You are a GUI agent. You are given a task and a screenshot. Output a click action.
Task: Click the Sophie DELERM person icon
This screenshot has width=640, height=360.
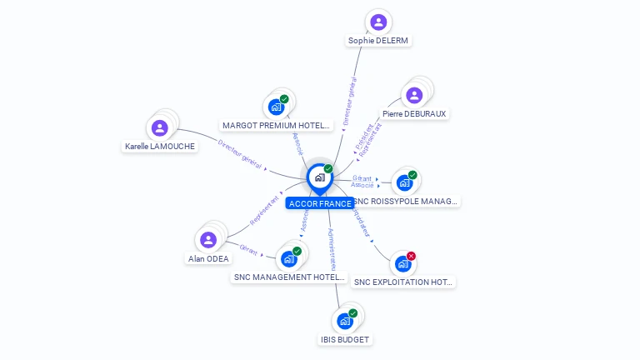pos(378,22)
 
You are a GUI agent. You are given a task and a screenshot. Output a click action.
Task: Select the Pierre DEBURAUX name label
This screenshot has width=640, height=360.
pos(414,113)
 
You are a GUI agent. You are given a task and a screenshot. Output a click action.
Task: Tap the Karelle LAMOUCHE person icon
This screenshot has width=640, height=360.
pos(159,127)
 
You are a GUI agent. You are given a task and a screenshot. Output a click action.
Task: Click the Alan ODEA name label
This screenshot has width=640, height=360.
pos(208,258)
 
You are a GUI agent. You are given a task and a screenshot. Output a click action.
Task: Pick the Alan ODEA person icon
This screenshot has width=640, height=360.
pos(208,240)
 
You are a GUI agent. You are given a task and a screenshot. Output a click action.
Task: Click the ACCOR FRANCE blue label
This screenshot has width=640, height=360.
pos(320,203)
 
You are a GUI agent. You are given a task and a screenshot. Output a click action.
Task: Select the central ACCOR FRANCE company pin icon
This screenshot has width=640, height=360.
pos(319,177)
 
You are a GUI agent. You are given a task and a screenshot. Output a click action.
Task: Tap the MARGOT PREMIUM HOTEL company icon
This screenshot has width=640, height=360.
pos(276,107)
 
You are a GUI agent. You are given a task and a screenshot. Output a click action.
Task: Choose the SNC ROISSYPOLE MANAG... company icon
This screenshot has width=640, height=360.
pos(404,182)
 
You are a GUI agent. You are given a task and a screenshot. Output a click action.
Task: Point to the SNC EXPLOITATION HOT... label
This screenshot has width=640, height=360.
pos(403,282)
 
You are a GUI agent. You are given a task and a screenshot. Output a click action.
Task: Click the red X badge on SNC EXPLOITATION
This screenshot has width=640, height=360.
pos(411,256)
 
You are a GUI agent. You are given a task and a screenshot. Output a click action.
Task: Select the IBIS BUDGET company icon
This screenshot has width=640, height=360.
pos(345,321)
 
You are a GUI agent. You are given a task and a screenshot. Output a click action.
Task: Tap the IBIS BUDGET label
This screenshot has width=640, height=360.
pos(345,339)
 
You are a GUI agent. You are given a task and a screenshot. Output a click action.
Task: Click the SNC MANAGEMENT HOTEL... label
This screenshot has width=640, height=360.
pos(288,277)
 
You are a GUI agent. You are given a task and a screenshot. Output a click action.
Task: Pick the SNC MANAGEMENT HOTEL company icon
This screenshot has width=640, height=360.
pos(289,258)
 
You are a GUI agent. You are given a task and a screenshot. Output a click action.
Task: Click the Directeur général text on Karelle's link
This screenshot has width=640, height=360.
pos(240,154)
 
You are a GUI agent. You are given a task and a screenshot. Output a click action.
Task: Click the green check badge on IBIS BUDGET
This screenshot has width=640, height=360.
pos(352,313)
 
